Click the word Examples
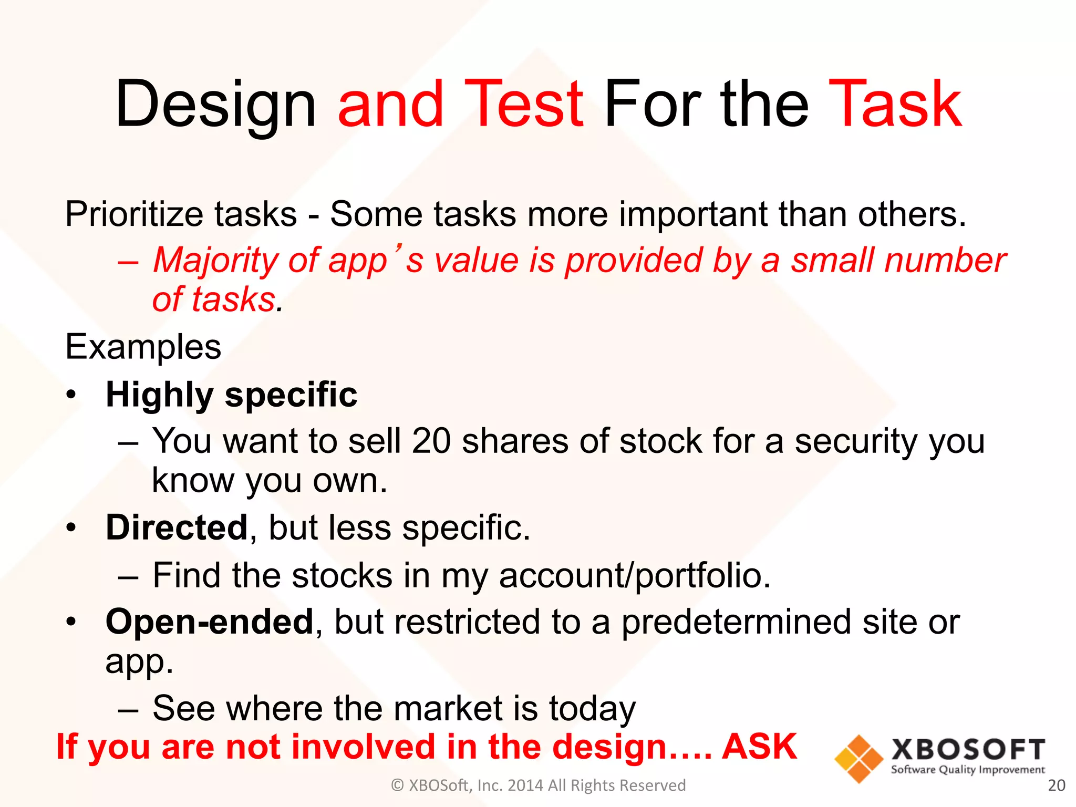coord(143,347)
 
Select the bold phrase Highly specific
coord(231,395)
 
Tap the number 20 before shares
coord(431,441)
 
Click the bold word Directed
coord(177,527)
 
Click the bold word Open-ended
coord(209,622)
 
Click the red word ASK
coord(759,747)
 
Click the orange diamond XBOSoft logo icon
coord(858,759)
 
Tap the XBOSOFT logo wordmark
coord(968,750)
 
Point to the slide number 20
coord(1056,785)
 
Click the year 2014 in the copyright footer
coord(525,785)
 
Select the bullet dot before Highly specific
coord(71,395)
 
